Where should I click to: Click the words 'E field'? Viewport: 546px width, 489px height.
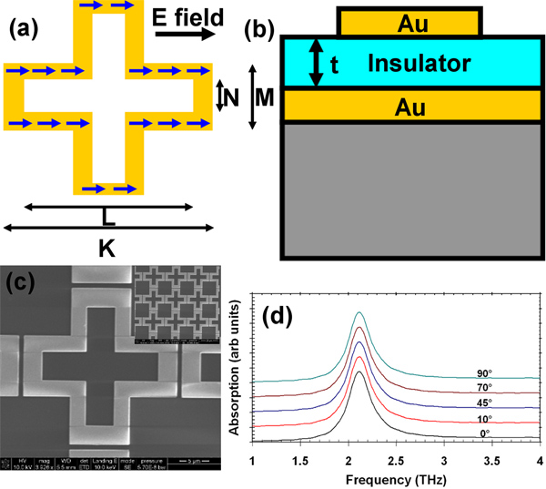coord(186,15)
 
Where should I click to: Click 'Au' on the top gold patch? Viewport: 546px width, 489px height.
coord(409,21)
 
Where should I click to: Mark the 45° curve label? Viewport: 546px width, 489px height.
coord(483,402)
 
